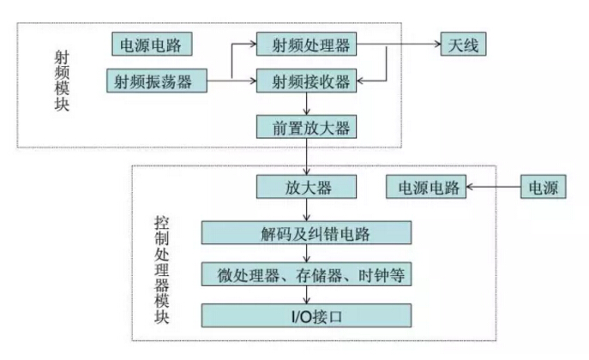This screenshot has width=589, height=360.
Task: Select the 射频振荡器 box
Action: tap(159, 81)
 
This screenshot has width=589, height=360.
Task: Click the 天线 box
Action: tap(464, 44)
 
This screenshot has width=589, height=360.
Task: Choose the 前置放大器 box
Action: tap(306, 128)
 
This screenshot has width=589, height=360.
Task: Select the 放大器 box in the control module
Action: tap(306, 187)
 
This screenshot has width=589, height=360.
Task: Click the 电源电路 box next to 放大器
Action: tap(425, 187)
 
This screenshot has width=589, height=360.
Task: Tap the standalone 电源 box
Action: tap(544, 187)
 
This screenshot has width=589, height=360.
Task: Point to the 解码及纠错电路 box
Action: tap(306, 231)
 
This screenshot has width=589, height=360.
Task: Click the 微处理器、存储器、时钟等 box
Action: tap(306, 274)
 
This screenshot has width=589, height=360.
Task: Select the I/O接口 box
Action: tap(306, 315)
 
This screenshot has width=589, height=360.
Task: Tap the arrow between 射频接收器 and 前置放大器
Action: tap(306, 105)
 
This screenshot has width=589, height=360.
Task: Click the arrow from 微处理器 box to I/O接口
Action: tap(306, 295)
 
